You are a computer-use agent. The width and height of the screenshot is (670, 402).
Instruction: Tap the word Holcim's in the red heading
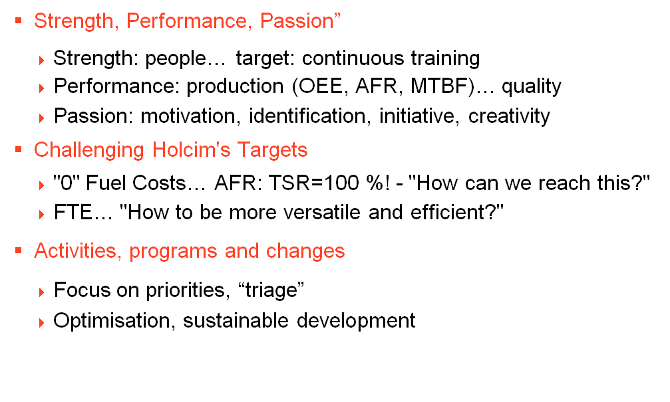coord(190,150)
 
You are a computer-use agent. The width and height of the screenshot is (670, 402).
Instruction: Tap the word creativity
coord(509,116)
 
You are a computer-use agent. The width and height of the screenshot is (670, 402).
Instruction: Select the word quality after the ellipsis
coord(531,86)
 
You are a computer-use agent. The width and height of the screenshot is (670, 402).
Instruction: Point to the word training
coord(445,58)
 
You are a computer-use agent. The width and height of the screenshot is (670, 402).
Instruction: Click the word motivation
coord(188,116)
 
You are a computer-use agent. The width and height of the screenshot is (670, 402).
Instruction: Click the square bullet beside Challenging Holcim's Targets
coord(19,150)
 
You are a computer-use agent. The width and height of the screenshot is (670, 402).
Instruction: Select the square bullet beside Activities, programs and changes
coord(19,250)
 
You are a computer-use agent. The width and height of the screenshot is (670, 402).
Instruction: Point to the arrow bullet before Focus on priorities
coord(41,292)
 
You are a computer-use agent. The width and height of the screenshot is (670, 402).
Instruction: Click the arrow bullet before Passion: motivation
coord(41,118)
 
